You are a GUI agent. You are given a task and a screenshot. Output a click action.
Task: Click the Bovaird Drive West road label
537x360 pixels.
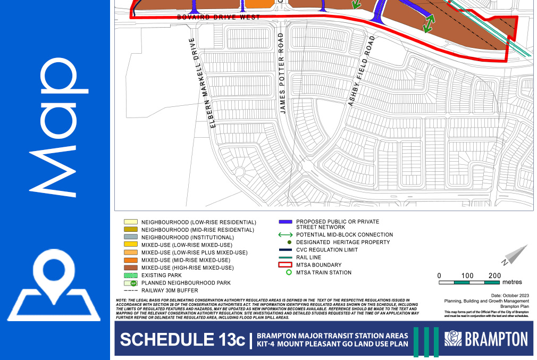[x=219, y=18]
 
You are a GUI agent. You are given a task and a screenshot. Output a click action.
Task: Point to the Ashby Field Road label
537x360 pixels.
[x=362, y=71]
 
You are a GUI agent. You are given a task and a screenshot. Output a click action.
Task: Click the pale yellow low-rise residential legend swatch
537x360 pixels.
[x=130, y=222]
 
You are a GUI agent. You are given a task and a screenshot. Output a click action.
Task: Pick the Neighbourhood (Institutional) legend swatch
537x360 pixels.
[x=130, y=237]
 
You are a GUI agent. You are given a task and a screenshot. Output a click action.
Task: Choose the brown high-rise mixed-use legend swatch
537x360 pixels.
[x=130, y=268]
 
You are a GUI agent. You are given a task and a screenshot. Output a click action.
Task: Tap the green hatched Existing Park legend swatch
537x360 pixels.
[x=130, y=275]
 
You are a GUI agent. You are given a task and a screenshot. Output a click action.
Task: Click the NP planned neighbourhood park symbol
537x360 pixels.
[x=130, y=283]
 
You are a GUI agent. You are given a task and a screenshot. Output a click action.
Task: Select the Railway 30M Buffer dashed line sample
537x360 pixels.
[x=130, y=291]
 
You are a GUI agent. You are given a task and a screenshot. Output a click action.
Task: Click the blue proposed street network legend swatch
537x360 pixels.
[x=286, y=221]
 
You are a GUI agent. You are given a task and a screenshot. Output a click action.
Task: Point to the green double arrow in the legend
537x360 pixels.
[x=286, y=235]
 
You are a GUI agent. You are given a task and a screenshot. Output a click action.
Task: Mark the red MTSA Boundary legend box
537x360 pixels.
[x=286, y=265]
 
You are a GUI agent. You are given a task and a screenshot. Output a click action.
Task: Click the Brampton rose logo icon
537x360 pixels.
[x=454, y=339]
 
